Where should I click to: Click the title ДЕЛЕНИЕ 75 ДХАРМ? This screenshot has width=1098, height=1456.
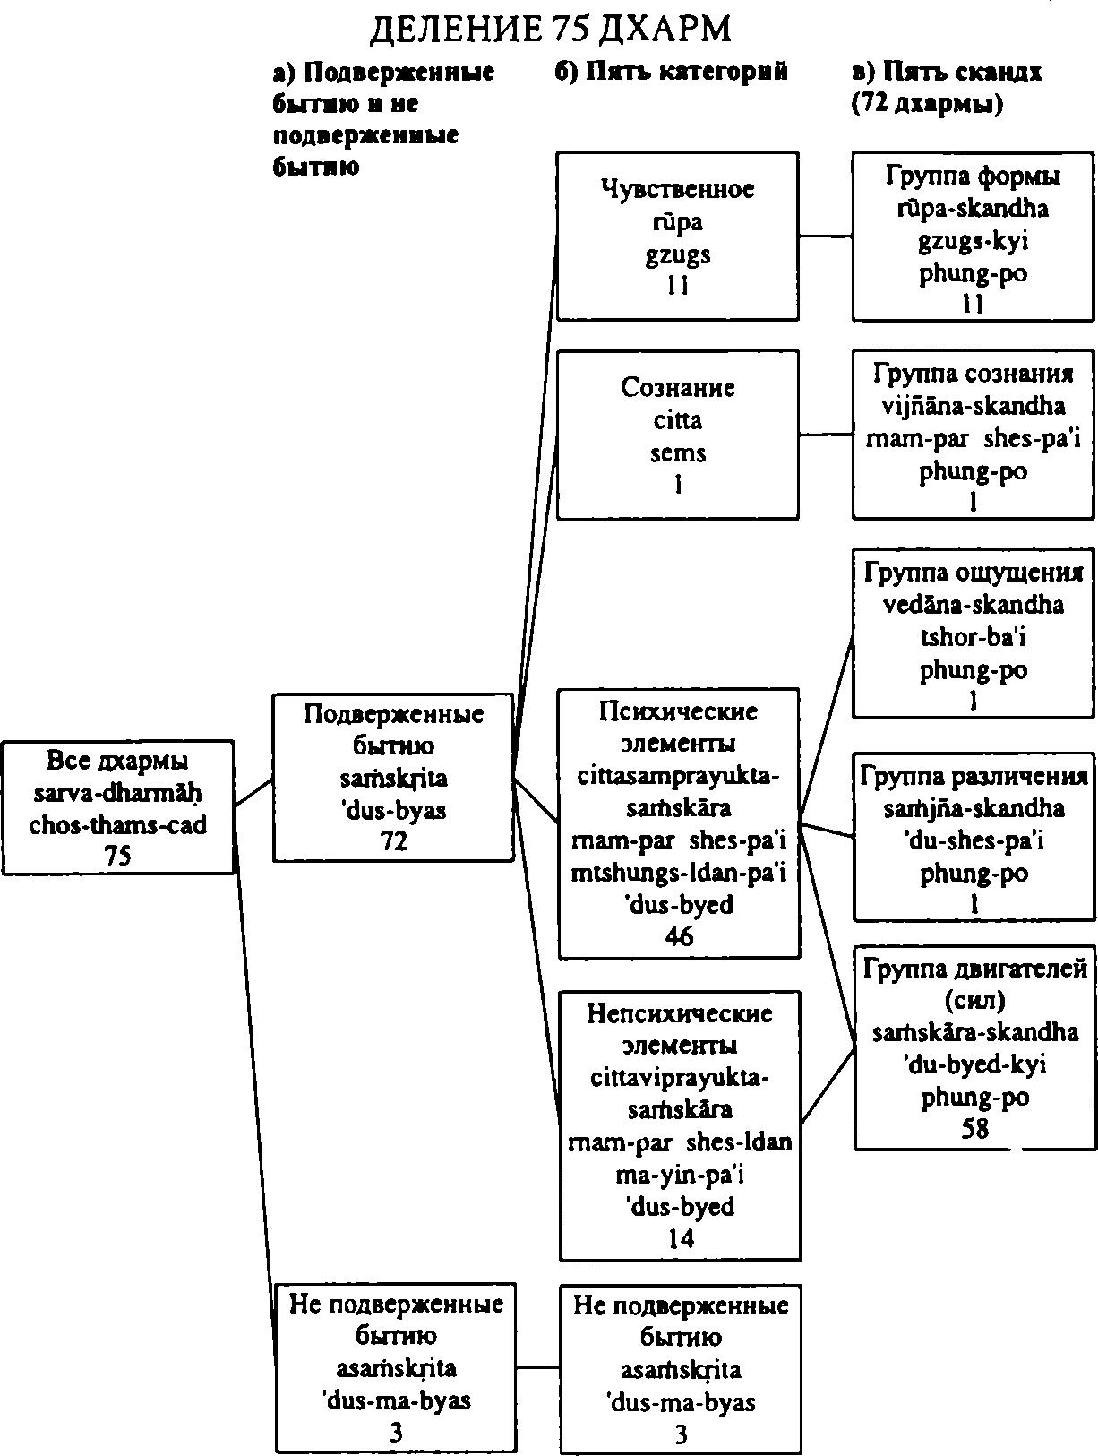pyautogui.click(x=550, y=30)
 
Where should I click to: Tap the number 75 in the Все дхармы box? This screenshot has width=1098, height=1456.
pyautogui.click(x=117, y=857)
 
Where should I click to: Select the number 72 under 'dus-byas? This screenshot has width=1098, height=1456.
pyautogui.click(x=393, y=841)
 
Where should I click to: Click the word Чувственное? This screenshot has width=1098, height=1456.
pyautogui.click(x=677, y=190)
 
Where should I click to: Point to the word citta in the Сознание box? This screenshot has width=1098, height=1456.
pyautogui.click(x=677, y=420)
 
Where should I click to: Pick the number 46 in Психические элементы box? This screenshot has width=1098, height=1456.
pyautogui.click(x=678, y=936)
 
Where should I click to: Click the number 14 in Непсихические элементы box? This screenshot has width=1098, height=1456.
pyautogui.click(x=681, y=1237)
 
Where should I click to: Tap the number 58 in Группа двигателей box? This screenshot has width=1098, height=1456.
pyautogui.click(x=974, y=1128)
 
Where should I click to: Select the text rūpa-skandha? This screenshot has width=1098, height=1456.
pyautogui.click(x=973, y=209)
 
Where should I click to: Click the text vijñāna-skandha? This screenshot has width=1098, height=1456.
pyautogui.click(x=973, y=405)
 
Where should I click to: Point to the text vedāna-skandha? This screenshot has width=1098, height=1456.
pyautogui.click(x=973, y=604)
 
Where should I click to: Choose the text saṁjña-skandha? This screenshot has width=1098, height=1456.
pyautogui.click(x=974, y=808)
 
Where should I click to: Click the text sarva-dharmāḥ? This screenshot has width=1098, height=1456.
pyautogui.click(x=117, y=793)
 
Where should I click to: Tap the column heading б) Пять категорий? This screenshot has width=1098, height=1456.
pyautogui.click(x=671, y=71)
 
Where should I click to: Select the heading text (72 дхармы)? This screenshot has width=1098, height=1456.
pyautogui.click(x=927, y=103)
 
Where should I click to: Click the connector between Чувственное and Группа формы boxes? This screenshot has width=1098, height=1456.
pyautogui.click(x=826, y=236)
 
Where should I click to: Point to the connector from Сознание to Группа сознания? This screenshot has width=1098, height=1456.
pyautogui.click(x=826, y=435)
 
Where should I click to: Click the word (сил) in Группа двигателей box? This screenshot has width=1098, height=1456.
pyautogui.click(x=974, y=1000)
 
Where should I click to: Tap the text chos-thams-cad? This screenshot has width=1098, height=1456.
pyautogui.click(x=117, y=825)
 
